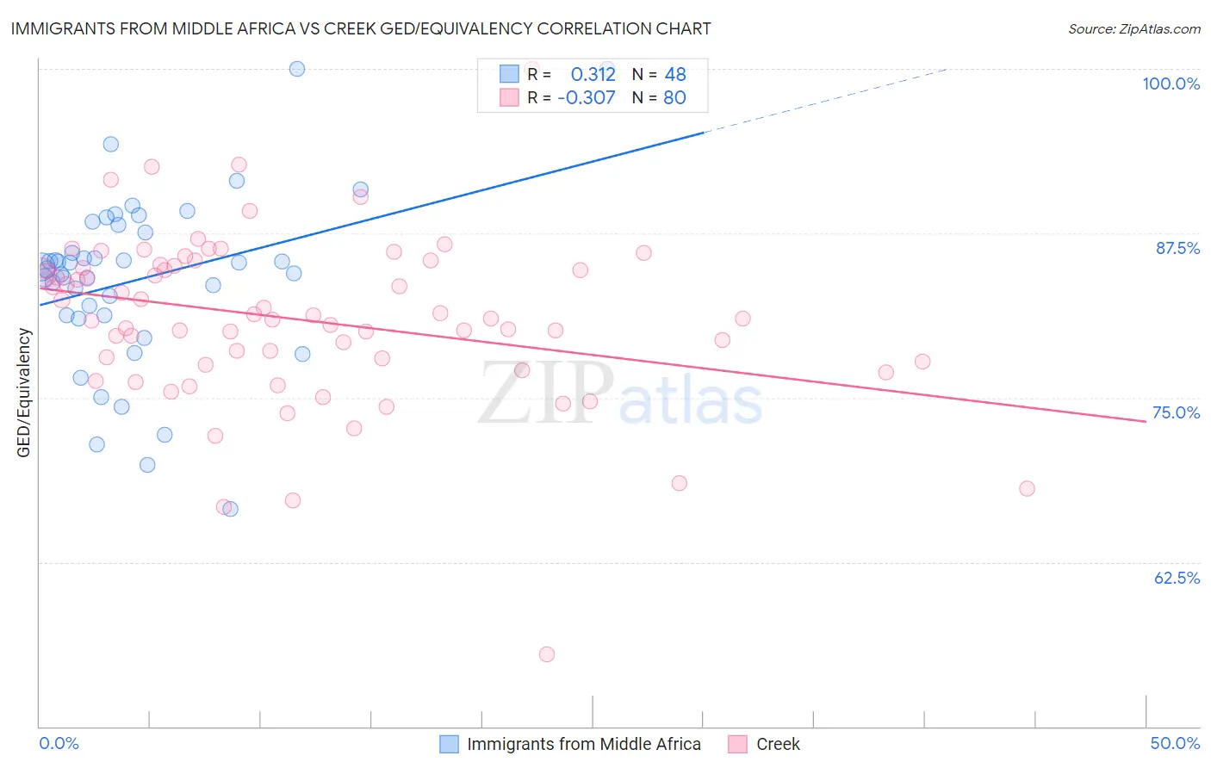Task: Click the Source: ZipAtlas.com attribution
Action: (1133, 29)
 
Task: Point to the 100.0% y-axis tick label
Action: (1171, 84)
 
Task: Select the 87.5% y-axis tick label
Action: (1177, 248)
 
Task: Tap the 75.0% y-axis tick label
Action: (1176, 412)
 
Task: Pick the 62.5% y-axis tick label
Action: (1177, 578)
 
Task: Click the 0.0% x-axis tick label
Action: (59, 743)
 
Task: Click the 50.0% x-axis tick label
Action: (1175, 743)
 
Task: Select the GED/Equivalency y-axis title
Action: (24, 393)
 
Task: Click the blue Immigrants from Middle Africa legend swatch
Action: (449, 744)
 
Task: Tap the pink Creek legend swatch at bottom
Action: (737, 744)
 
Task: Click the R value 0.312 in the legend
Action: (593, 75)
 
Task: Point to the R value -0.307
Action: (587, 98)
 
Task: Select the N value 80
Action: (674, 98)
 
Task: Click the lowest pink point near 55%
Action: (546, 654)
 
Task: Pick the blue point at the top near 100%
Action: (297, 69)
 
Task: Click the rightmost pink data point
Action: (1027, 488)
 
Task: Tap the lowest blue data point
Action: (230, 509)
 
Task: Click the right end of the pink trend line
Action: (1146, 421)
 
